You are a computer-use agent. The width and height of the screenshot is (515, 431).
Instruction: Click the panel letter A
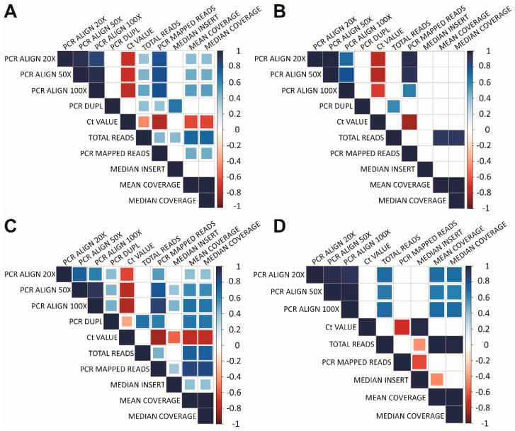[11, 13]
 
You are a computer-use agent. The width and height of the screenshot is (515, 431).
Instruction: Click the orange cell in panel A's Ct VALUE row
[143, 122]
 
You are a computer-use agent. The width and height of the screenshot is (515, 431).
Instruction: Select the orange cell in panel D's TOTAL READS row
[419, 345]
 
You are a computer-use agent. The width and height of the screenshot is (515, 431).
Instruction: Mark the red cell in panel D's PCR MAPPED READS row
[419, 362]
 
